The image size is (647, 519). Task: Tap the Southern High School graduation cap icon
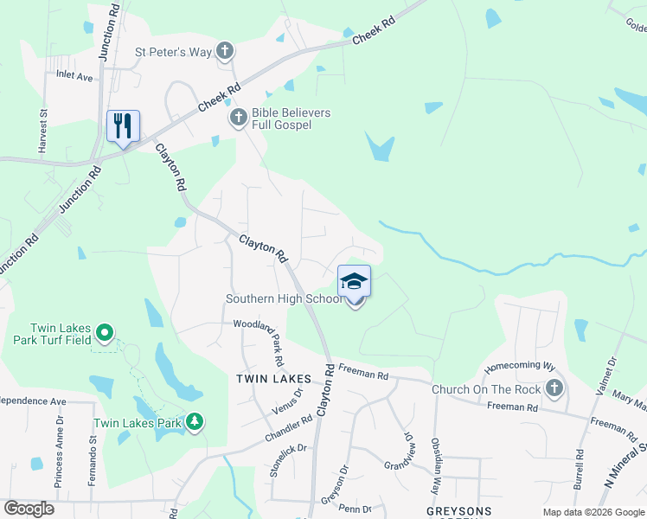(354, 281)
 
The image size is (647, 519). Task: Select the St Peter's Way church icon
(225, 52)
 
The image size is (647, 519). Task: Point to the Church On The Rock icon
(554, 388)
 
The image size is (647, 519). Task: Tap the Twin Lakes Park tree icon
(195, 422)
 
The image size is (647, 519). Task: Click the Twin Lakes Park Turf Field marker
(104, 332)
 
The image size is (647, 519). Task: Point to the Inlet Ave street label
(74, 76)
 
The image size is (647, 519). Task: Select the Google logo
(29, 509)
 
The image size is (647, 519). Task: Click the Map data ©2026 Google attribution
(593, 512)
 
